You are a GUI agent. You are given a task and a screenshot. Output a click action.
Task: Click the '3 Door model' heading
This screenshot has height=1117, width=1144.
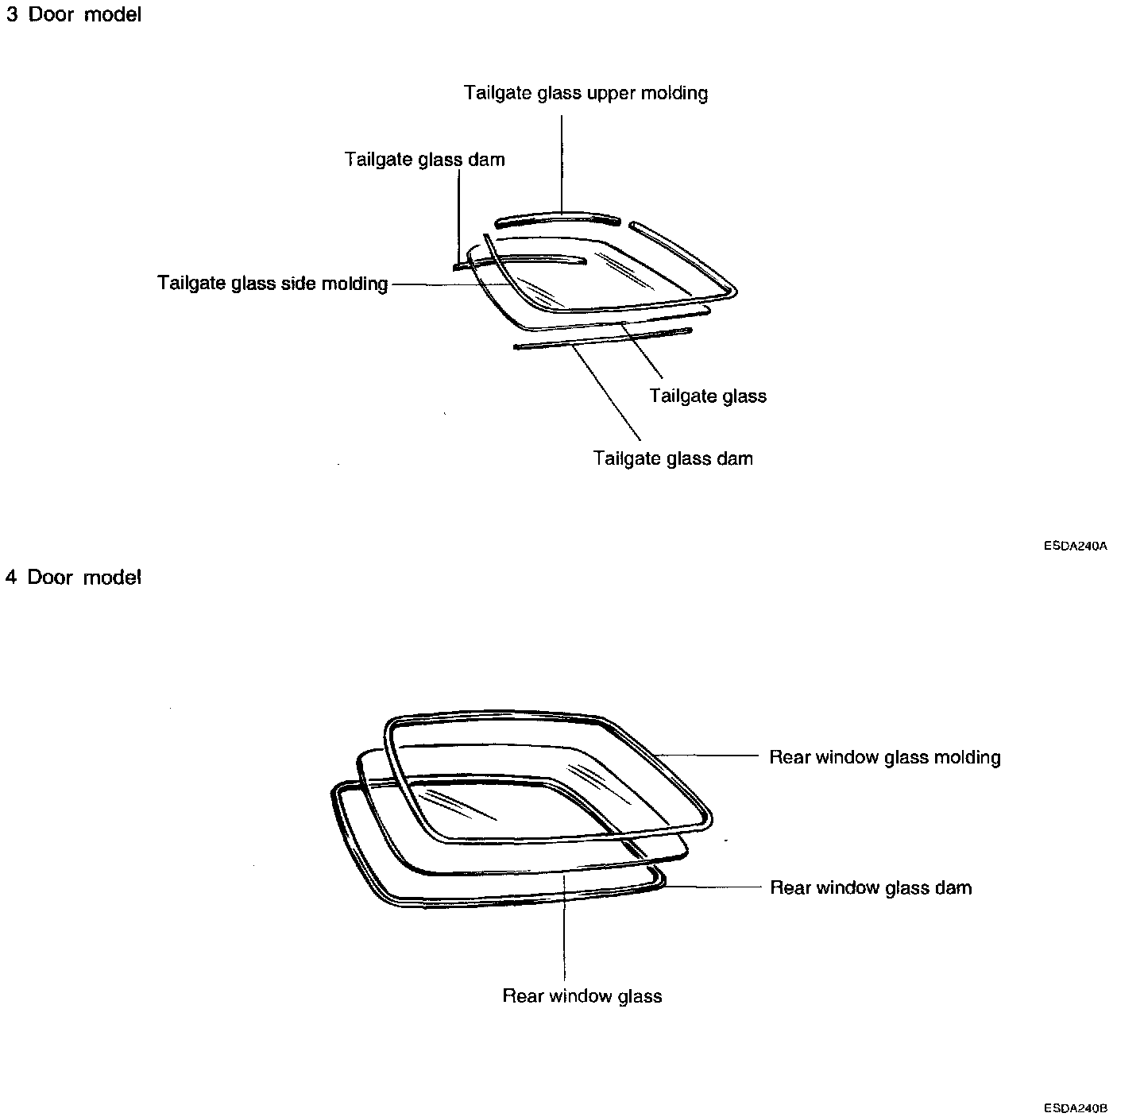point(73,15)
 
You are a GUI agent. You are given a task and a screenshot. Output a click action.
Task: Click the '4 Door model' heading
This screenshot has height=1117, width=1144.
point(73,578)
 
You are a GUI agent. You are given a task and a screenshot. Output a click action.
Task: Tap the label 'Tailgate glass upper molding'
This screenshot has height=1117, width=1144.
point(586,93)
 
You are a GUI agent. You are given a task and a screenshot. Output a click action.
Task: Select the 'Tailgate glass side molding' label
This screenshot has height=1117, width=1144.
point(272,284)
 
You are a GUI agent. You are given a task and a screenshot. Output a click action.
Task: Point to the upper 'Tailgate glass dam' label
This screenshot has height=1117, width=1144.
point(424,160)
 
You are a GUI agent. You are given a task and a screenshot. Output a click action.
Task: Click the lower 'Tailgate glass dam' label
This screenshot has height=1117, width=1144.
point(673,458)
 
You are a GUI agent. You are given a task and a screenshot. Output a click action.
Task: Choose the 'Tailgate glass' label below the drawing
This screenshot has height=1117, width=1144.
point(707,396)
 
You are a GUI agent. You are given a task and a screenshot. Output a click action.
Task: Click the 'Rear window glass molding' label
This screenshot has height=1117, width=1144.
point(884,757)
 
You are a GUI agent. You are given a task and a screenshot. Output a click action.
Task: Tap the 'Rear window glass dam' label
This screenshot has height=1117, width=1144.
point(871,887)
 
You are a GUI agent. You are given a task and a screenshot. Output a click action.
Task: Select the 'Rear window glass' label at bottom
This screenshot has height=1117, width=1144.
point(582,996)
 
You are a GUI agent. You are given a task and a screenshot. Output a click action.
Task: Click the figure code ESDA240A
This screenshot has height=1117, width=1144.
point(1076,547)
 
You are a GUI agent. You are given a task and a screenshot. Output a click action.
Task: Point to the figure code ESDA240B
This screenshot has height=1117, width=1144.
point(1076,1108)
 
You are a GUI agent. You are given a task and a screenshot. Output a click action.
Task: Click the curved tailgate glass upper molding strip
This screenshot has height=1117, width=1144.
point(556,218)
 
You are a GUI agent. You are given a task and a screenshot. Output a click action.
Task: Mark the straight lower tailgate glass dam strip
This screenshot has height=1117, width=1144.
point(604,338)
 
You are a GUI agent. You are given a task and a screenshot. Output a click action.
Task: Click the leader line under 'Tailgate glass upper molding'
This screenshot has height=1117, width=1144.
point(562,163)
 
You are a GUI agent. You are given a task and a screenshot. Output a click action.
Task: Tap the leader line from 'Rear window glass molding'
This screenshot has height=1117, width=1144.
point(707,756)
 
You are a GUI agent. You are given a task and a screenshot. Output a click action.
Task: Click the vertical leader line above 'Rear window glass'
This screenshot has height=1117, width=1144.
point(563,930)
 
